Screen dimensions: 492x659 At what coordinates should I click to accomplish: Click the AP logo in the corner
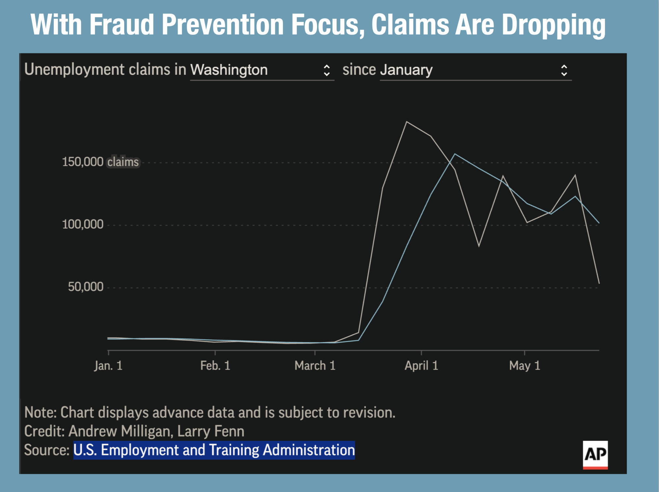(595, 454)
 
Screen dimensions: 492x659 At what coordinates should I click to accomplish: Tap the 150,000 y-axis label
(83, 162)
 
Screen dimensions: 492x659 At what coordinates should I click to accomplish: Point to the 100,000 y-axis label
(83, 225)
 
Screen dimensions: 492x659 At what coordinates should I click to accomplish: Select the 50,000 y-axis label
(86, 287)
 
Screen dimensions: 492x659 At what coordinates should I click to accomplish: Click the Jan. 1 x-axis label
(108, 366)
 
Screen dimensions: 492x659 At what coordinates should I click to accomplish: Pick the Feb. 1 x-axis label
(215, 366)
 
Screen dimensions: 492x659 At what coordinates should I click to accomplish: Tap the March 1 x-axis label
(315, 366)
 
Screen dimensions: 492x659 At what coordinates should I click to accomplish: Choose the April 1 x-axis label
(421, 366)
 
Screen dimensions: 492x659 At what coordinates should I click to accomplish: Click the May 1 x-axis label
(525, 366)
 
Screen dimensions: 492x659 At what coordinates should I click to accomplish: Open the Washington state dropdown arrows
(327, 70)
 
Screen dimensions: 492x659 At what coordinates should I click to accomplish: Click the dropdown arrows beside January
(564, 70)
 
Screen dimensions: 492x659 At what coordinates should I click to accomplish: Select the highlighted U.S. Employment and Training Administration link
(214, 450)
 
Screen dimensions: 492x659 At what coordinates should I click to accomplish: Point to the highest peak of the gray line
(407, 122)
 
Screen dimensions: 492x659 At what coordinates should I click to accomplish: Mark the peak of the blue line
(455, 154)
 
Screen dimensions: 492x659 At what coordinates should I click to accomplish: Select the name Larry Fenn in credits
(211, 431)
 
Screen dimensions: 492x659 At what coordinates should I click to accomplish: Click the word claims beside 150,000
(123, 162)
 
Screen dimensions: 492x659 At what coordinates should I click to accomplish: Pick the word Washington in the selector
(229, 70)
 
